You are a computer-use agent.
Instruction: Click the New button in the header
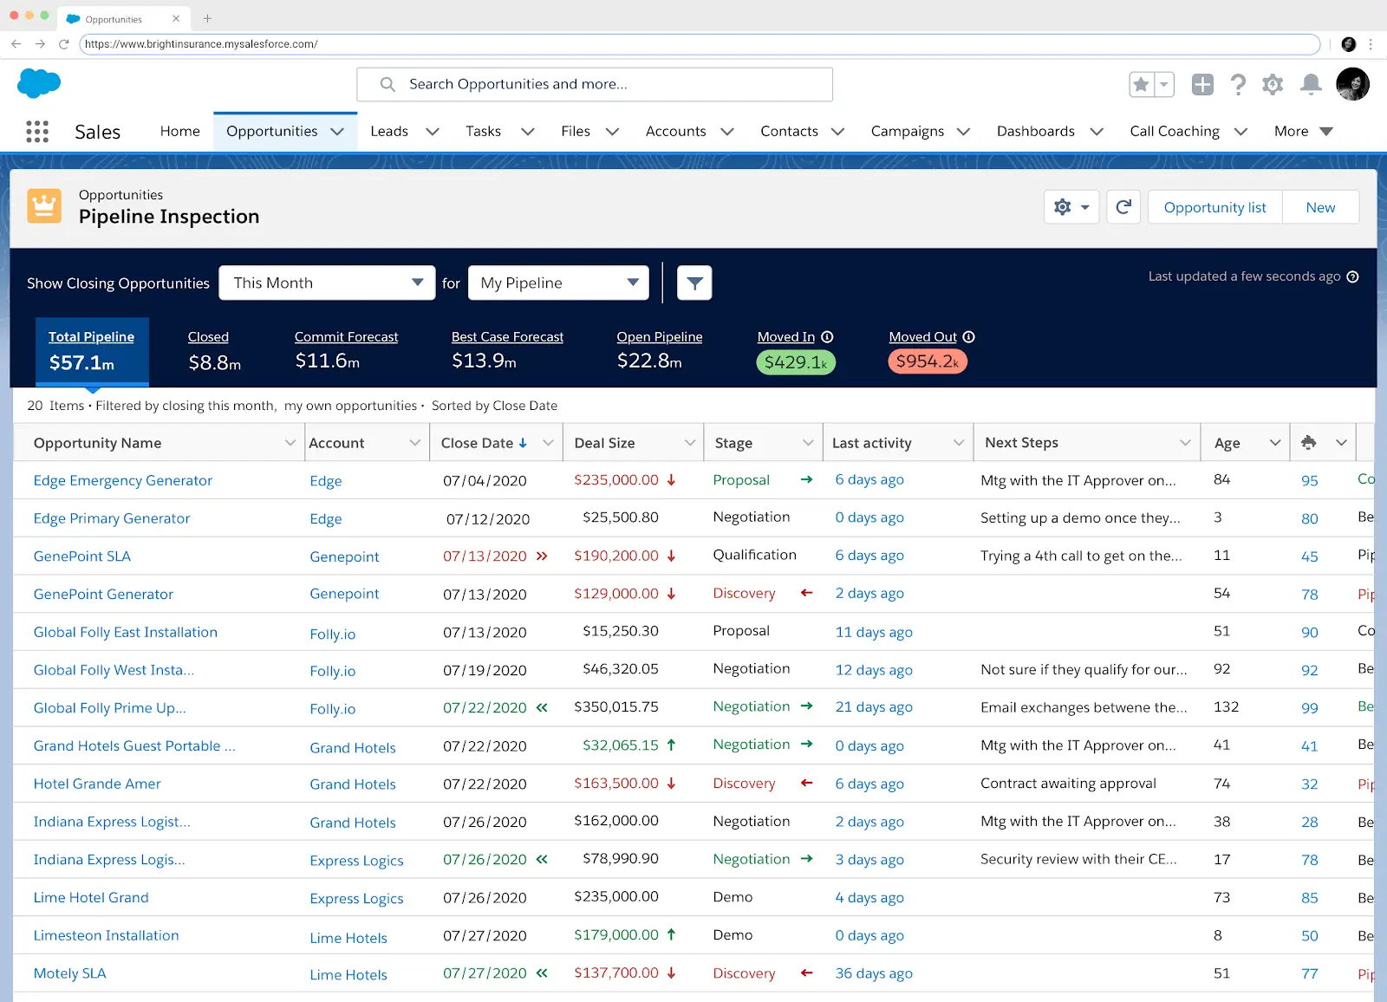click(x=1320, y=207)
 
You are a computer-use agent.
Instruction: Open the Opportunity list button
click(x=1214, y=207)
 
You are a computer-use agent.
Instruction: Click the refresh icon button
click(x=1123, y=207)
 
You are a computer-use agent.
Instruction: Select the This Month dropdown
click(x=327, y=283)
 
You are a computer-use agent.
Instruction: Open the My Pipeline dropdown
click(x=558, y=283)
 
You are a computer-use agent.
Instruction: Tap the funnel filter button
click(x=694, y=283)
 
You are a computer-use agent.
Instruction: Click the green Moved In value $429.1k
click(x=796, y=362)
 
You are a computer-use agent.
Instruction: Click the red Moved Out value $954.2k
click(x=927, y=361)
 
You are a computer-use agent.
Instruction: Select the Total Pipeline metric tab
click(x=92, y=351)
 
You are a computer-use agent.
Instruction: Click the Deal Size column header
click(x=605, y=443)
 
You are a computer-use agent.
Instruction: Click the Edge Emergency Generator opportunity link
click(x=123, y=480)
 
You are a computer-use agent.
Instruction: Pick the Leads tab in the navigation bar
click(x=389, y=131)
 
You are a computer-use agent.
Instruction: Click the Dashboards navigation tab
click(x=1036, y=131)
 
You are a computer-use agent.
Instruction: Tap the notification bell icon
click(x=1311, y=84)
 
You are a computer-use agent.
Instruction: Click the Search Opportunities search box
click(x=595, y=84)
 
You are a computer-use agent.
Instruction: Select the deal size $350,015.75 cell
click(x=616, y=707)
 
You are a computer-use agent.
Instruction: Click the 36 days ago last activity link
click(x=874, y=973)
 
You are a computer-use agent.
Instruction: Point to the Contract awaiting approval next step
click(x=1068, y=784)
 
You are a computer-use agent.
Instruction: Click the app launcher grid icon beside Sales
click(x=37, y=132)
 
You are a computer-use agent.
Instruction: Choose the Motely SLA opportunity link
click(x=70, y=973)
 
